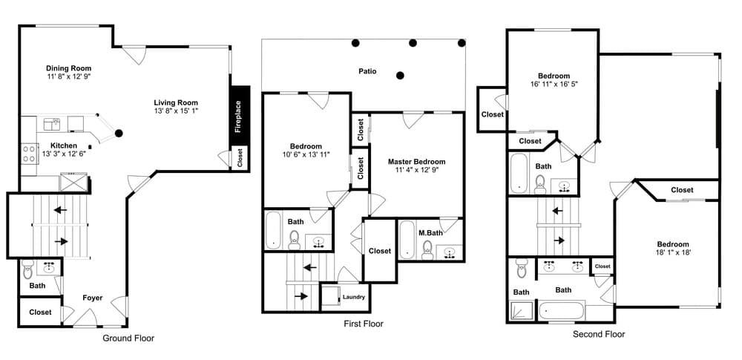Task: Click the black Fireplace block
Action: pyautogui.click(x=240, y=116)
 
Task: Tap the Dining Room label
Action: pyautogui.click(x=68, y=68)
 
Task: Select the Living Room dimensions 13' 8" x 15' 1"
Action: pyautogui.click(x=176, y=111)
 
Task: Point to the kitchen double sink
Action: pyautogui.click(x=52, y=124)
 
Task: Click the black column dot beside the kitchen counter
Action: pyautogui.click(x=119, y=133)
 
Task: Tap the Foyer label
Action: pyautogui.click(x=92, y=298)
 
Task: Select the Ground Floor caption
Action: pyautogui.click(x=128, y=338)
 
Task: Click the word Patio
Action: pyautogui.click(x=367, y=71)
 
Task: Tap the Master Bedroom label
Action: pyautogui.click(x=416, y=162)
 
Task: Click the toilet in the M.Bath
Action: pyautogui.click(x=427, y=249)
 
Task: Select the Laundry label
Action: pyautogui.click(x=353, y=297)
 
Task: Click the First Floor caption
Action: pyautogui.click(x=364, y=324)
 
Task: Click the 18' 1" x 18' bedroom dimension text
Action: pyautogui.click(x=673, y=252)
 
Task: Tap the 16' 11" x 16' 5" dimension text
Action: pyautogui.click(x=554, y=83)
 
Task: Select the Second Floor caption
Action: pyautogui.click(x=599, y=335)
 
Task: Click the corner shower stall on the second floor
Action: pyautogui.click(x=522, y=310)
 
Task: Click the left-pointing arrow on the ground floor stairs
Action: pyautogui.click(x=60, y=209)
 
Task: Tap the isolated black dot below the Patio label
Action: pyautogui.click(x=401, y=75)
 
